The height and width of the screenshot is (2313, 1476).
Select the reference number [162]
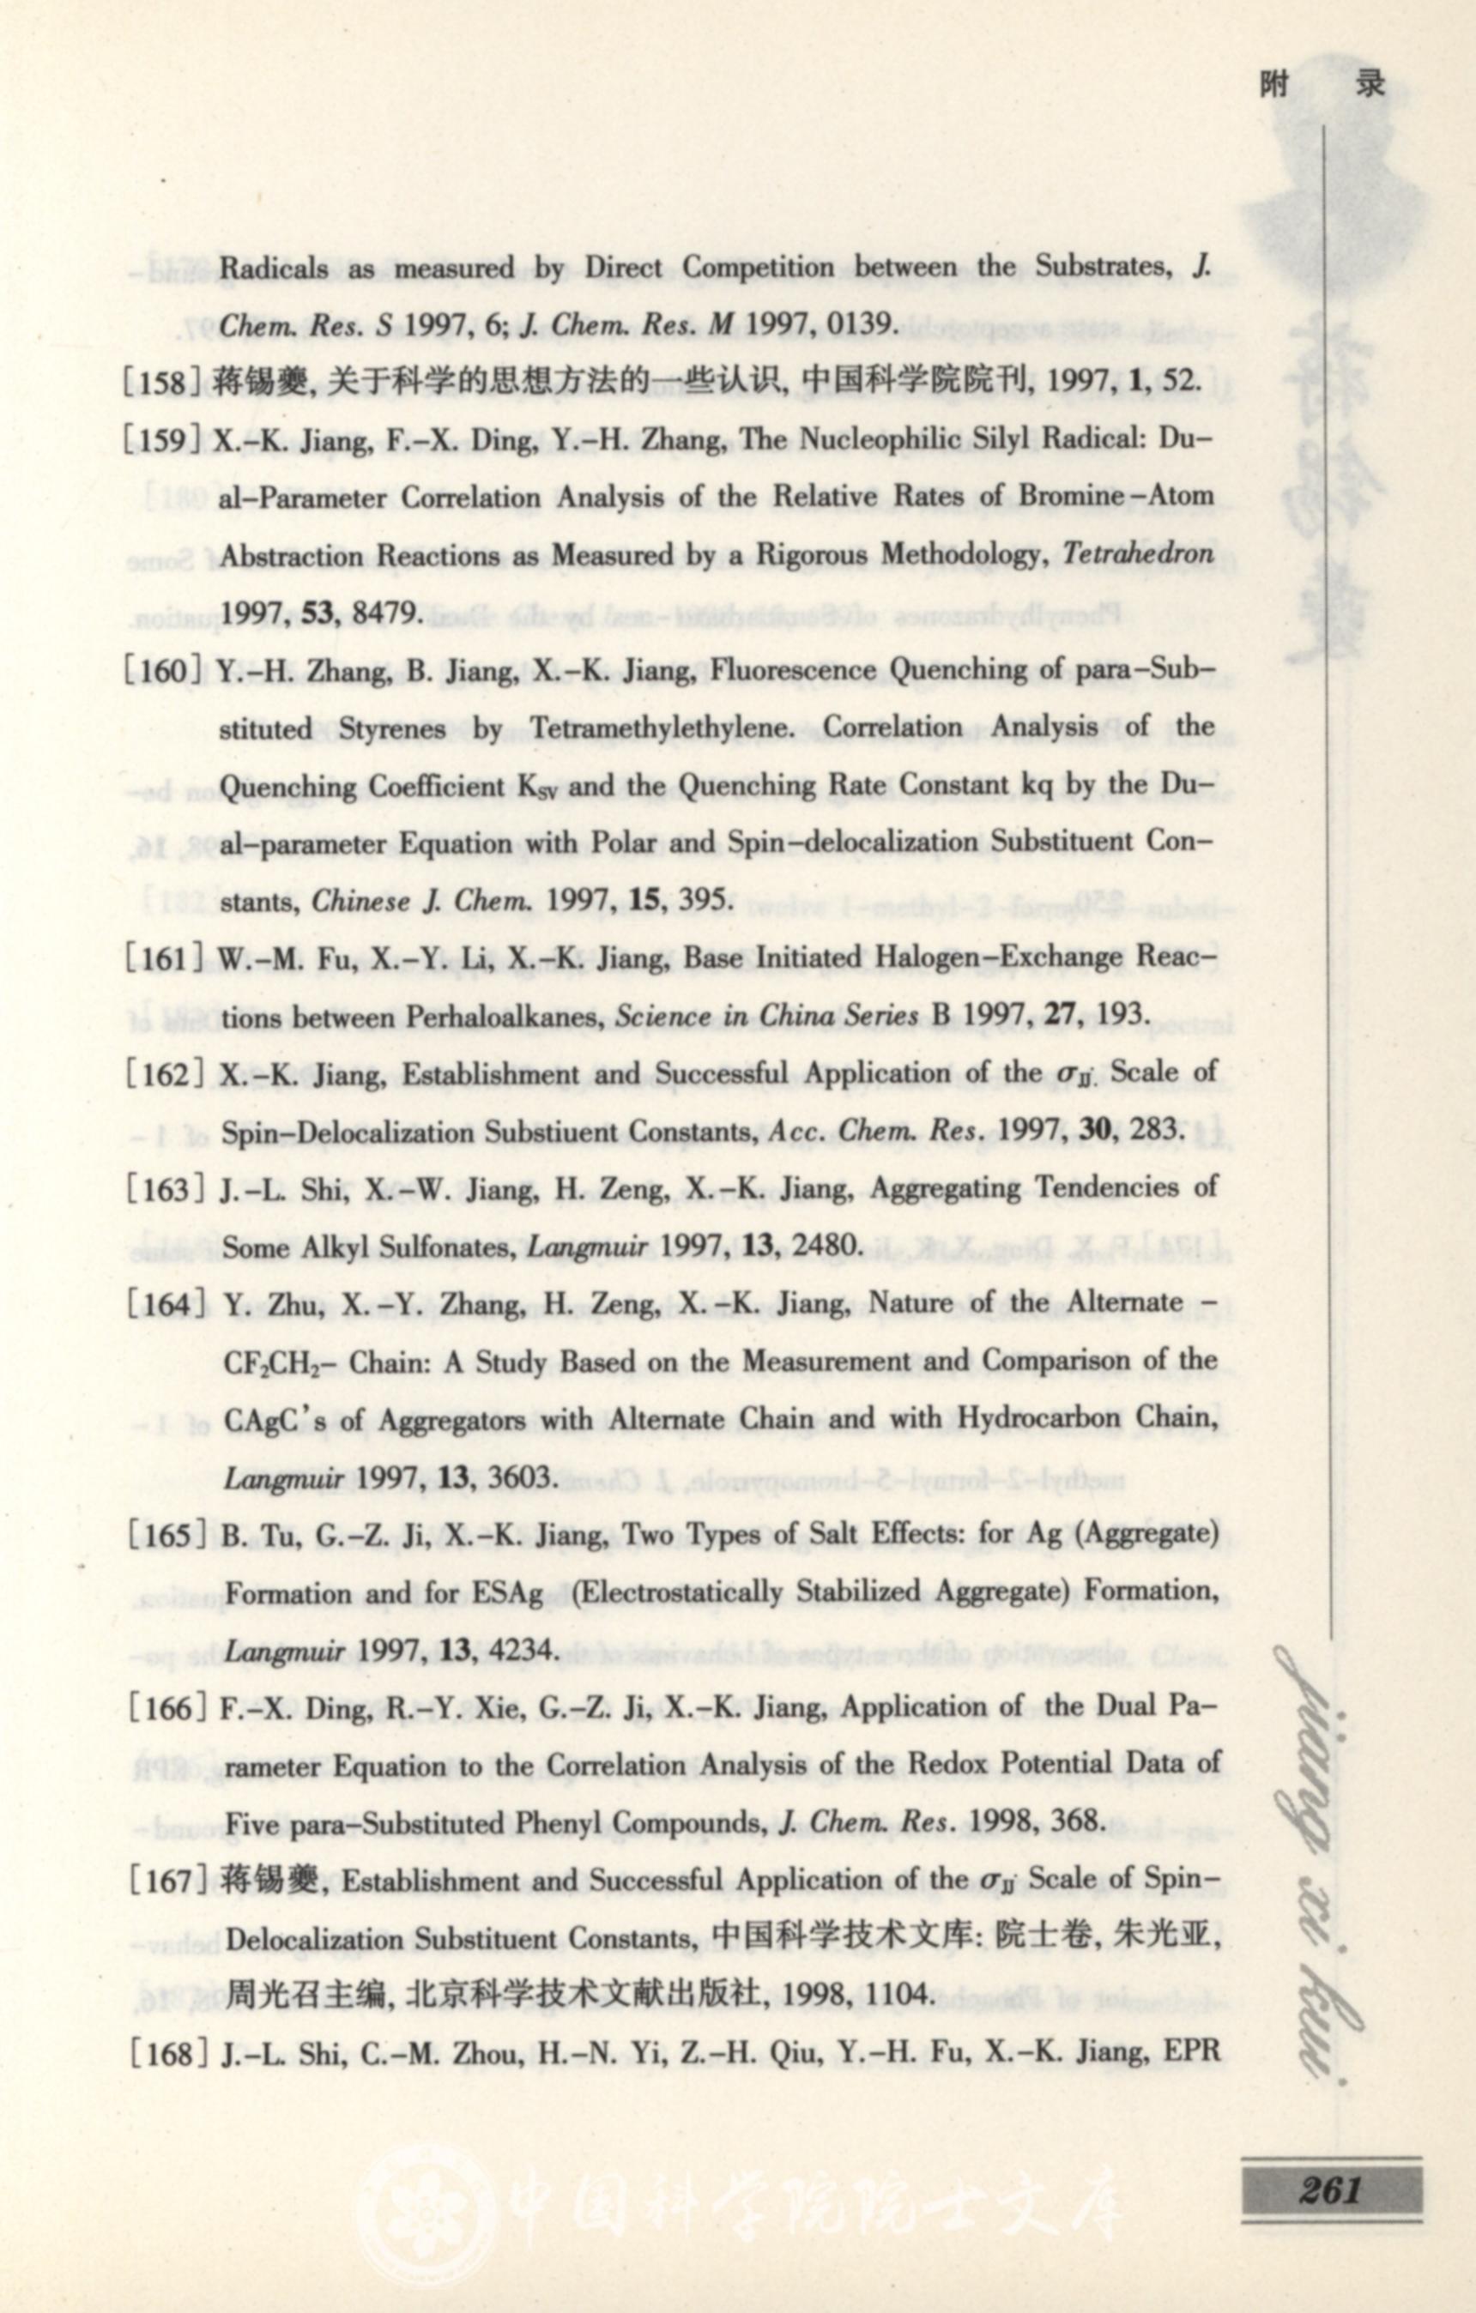(161, 1074)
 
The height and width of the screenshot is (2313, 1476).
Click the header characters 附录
(1324, 86)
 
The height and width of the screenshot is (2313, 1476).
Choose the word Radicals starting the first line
(273, 267)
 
